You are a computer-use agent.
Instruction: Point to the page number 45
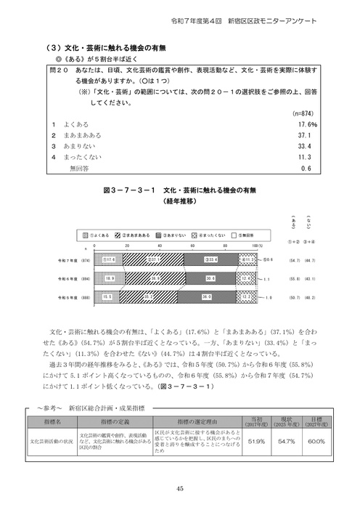tap(179, 489)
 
